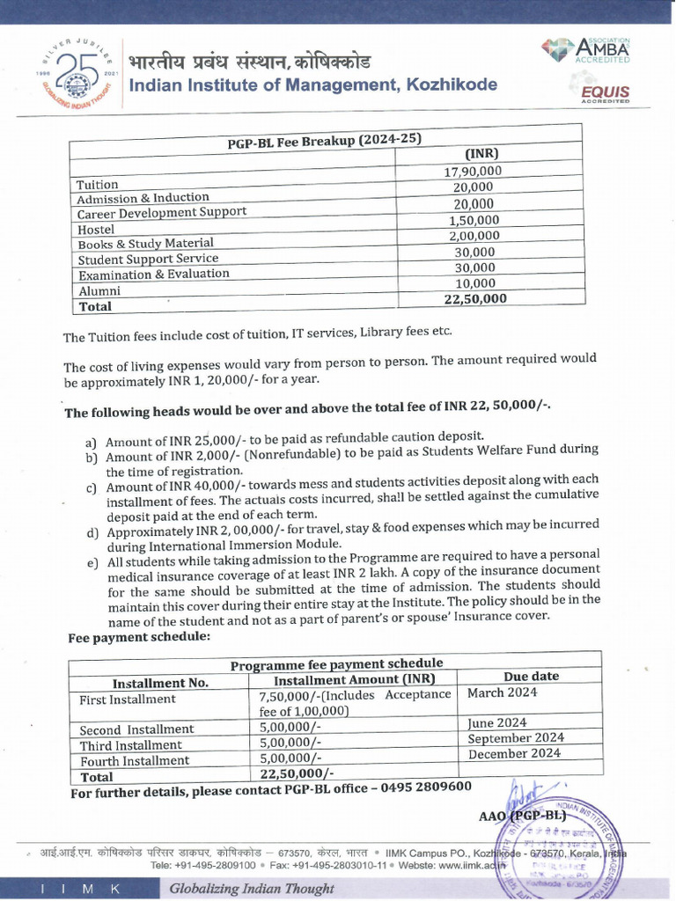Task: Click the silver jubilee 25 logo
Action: tap(77, 77)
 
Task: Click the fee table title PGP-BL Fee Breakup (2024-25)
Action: tap(325, 141)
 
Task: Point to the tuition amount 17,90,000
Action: tap(474, 172)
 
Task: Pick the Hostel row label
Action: tap(96, 229)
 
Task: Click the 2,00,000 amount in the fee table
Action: tap(474, 236)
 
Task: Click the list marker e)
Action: tap(92, 563)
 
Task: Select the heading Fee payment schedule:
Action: tap(139, 637)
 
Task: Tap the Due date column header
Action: tap(531, 676)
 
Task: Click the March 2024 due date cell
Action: tap(502, 692)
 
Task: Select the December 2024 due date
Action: tap(514, 753)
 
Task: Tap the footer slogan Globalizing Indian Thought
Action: tap(239, 888)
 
